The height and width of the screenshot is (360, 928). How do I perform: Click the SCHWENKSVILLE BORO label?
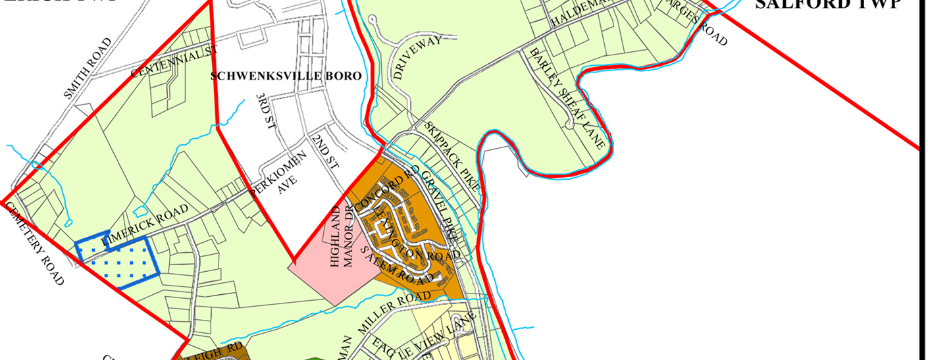click(x=286, y=76)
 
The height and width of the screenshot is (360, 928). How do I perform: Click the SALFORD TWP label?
click(x=827, y=5)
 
